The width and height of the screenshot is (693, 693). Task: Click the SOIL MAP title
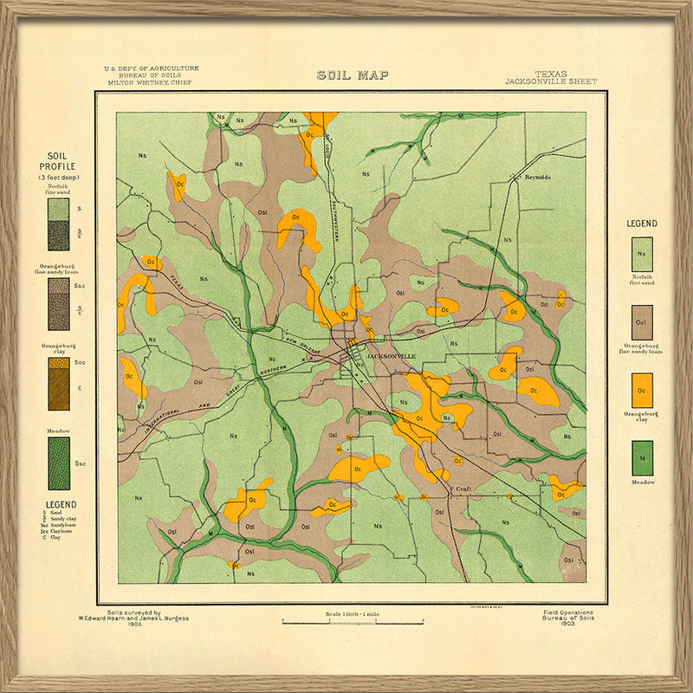tap(352, 75)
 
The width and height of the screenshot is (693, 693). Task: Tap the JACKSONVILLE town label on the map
tap(391, 356)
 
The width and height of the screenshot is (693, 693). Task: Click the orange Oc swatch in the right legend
tap(642, 391)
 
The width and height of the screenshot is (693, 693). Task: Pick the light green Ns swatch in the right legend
tap(642, 254)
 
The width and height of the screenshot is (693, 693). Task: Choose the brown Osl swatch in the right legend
tap(642, 322)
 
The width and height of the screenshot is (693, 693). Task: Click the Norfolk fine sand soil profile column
tap(58, 224)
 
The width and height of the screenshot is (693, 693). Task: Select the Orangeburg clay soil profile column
tap(58, 384)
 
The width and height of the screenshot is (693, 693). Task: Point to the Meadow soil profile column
tap(58, 463)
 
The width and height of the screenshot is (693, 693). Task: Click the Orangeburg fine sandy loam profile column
tap(58, 304)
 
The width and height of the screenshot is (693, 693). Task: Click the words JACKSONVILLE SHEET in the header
tap(551, 82)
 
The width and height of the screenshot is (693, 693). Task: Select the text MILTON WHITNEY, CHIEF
tap(149, 83)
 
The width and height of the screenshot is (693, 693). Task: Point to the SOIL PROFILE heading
tap(57, 160)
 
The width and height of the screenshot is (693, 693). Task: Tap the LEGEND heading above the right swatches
tap(642, 223)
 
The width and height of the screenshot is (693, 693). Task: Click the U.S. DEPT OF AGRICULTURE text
tap(151, 68)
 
